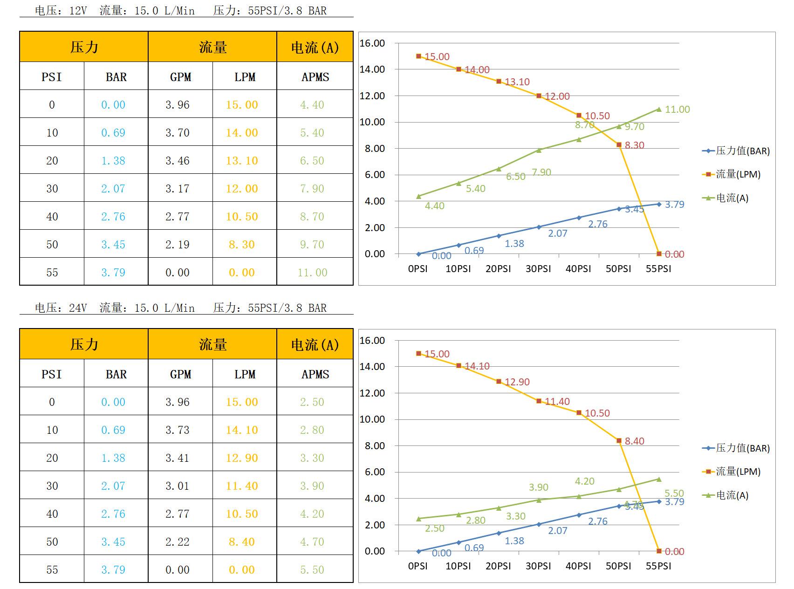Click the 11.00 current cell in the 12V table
point(312,273)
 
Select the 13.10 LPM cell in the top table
point(242,161)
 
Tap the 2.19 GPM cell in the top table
point(178,245)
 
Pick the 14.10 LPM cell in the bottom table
point(242,430)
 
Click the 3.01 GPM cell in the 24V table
point(178,486)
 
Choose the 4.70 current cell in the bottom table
point(312,542)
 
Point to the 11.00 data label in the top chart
point(677,110)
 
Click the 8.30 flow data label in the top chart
point(634,145)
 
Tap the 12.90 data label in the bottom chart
point(517,382)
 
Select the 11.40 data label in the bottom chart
point(557,402)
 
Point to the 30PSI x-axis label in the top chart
point(538,269)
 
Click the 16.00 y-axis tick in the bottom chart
point(372,341)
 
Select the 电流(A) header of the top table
point(315,47)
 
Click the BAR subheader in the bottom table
point(116,374)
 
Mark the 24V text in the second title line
point(78,308)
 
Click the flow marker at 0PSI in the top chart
point(418,56)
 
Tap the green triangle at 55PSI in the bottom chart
point(659,479)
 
